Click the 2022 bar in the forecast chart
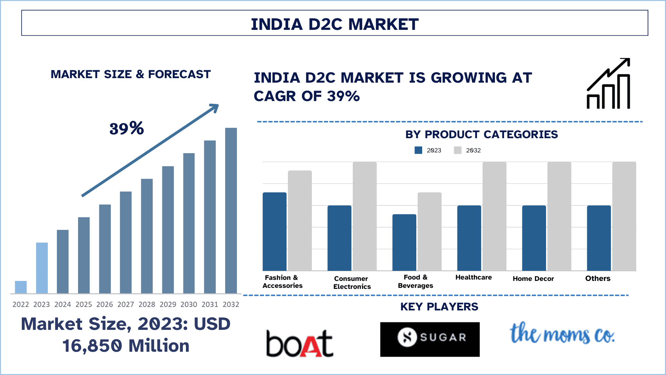click(21, 287)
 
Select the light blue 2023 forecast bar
click(42, 268)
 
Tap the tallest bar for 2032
click(231, 210)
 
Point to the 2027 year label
click(126, 305)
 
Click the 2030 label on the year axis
click(189, 305)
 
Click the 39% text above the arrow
click(127, 128)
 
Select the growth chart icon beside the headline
click(608, 84)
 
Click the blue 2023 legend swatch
click(418, 150)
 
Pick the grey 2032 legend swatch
click(458, 150)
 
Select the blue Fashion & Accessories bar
click(274, 232)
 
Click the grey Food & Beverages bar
click(429, 232)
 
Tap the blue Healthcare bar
click(469, 238)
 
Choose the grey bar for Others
click(624, 216)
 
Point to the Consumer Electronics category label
click(352, 282)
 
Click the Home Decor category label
click(533, 278)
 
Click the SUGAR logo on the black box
click(430, 339)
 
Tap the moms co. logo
click(562, 334)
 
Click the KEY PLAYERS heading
click(439, 307)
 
